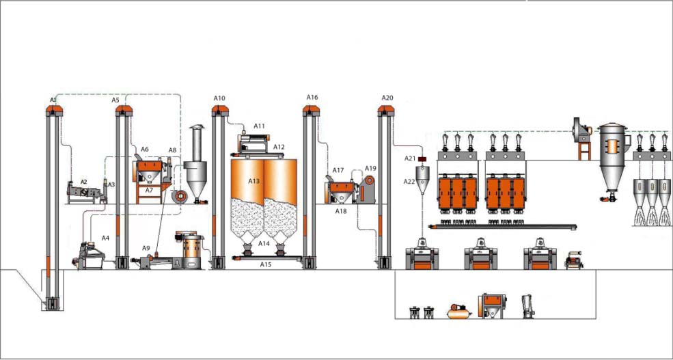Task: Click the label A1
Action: [x=53, y=100]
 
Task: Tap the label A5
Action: [x=115, y=100]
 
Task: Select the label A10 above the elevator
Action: [x=219, y=98]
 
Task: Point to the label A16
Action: [x=312, y=98]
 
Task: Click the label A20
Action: [x=387, y=98]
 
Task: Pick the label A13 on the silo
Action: [x=254, y=181]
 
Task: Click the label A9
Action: [x=146, y=247]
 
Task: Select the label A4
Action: [x=105, y=238]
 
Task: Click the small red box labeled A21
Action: [x=422, y=159]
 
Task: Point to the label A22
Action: [x=409, y=181]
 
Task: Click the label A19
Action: [x=370, y=168]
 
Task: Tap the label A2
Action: [x=83, y=182]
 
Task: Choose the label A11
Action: [x=259, y=126]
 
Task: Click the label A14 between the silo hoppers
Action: [x=264, y=243]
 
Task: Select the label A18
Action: [x=340, y=212]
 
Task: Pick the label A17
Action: [x=338, y=170]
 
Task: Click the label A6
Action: [x=144, y=149]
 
